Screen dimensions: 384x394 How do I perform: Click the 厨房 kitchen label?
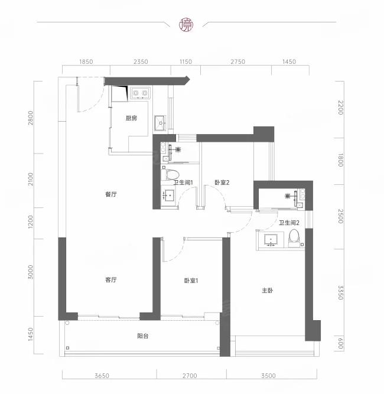pyautogui.click(x=131, y=118)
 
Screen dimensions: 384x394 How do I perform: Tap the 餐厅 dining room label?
pyautogui.click(x=111, y=194)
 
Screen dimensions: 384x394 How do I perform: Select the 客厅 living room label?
pyautogui.click(x=111, y=279)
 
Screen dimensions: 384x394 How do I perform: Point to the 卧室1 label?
pyautogui.click(x=191, y=281)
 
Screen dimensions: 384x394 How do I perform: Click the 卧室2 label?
pyautogui.click(x=222, y=183)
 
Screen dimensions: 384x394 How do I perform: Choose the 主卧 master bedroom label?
pyautogui.click(x=268, y=291)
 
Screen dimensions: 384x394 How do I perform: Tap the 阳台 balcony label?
pyautogui.click(x=143, y=336)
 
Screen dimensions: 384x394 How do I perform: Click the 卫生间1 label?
pyautogui.click(x=183, y=183)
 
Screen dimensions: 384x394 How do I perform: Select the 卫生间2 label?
pyautogui.click(x=289, y=223)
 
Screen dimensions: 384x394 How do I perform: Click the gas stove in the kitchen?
pyautogui.click(x=140, y=93)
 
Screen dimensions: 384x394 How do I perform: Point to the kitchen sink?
pyautogui.click(x=160, y=123)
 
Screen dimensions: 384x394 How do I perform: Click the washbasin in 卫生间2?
pyautogui.click(x=271, y=240)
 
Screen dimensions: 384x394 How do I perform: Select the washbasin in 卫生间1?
pyautogui.click(x=168, y=195)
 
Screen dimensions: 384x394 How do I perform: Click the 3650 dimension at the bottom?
pyautogui.click(x=102, y=376)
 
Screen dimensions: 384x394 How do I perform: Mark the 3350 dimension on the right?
pyautogui.click(x=340, y=292)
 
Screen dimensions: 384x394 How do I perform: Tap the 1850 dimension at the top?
pyautogui.click(x=86, y=62)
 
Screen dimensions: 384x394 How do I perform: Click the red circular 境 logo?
pyautogui.click(x=186, y=25)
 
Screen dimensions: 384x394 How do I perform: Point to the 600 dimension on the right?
pyautogui.click(x=340, y=343)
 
